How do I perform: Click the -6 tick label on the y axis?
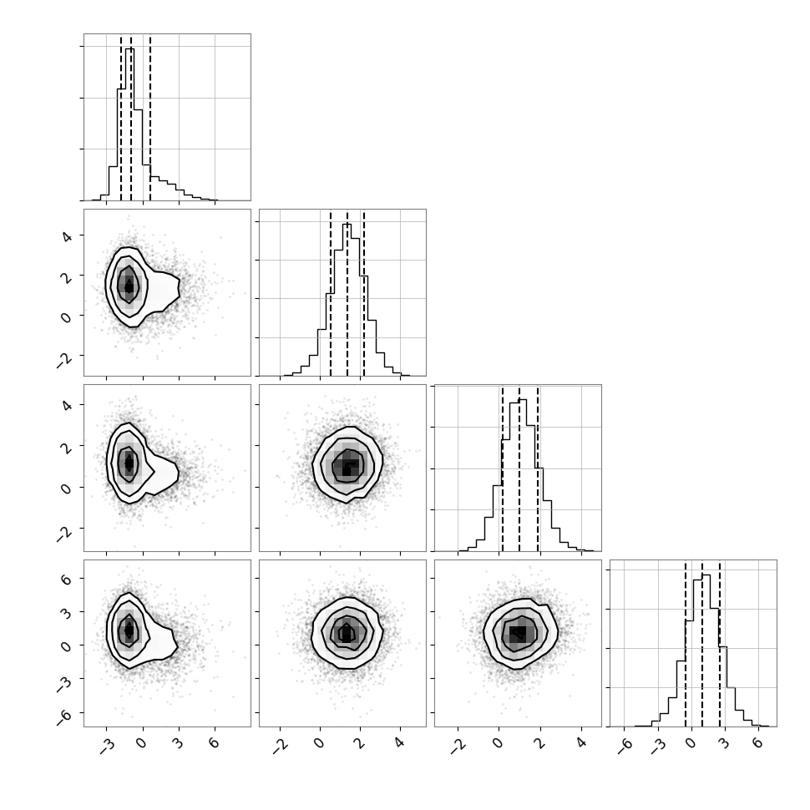coord(63,716)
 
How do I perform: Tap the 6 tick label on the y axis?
coord(66,579)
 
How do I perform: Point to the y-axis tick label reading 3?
coord(66,612)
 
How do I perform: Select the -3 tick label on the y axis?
coord(63,683)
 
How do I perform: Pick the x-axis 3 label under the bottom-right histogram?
coord(724,742)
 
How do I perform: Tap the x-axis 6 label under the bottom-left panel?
coord(214,742)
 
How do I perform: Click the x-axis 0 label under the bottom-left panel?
coord(142,742)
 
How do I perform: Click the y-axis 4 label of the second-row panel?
coord(66,235)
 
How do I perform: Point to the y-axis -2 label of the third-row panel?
coord(63,532)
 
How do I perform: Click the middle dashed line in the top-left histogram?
coord(131,117)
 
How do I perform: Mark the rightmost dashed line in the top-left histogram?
coord(149,117)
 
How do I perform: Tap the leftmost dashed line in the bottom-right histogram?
coord(686,643)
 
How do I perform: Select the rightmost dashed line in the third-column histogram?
coord(538,468)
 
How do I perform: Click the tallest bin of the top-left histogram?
coord(129,124)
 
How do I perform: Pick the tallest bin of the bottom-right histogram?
coord(706,651)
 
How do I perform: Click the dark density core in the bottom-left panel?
coord(129,630)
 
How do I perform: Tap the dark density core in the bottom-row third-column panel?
coord(518,633)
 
